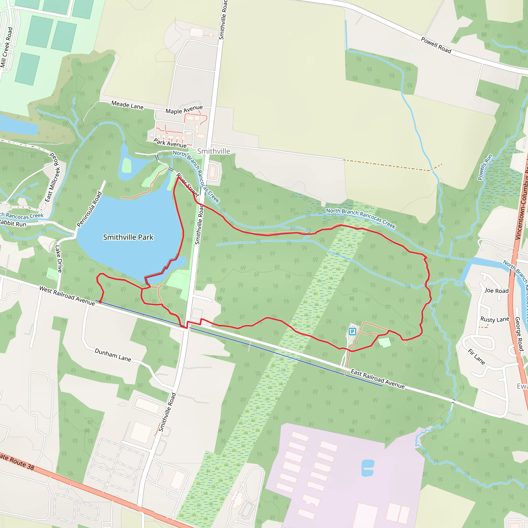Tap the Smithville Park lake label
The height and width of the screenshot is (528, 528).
(128, 237)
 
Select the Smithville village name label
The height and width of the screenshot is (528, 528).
(214, 151)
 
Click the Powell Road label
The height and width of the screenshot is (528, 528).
(436, 45)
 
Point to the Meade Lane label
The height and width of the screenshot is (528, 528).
(127, 105)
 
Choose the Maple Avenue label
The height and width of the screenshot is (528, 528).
(184, 109)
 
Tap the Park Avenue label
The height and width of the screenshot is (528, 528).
(170, 143)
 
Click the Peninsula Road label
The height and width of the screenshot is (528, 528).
(89, 209)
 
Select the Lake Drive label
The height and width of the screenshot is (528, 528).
(59, 259)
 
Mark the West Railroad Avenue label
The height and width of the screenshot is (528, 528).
(67, 296)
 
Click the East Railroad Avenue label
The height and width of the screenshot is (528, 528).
(377, 379)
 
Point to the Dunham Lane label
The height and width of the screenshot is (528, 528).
(113, 354)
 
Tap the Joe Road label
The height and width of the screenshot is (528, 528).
(496, 291)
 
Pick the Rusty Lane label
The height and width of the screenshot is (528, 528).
(495, 319)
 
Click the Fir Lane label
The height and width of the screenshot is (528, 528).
(476, 357)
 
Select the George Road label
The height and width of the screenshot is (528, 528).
(519, 334)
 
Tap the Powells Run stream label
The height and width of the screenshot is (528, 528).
(485, 167)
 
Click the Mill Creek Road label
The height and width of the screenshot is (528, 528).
(6, 47)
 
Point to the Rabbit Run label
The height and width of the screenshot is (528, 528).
(13, 224)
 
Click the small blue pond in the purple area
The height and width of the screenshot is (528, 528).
(367, 468)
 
